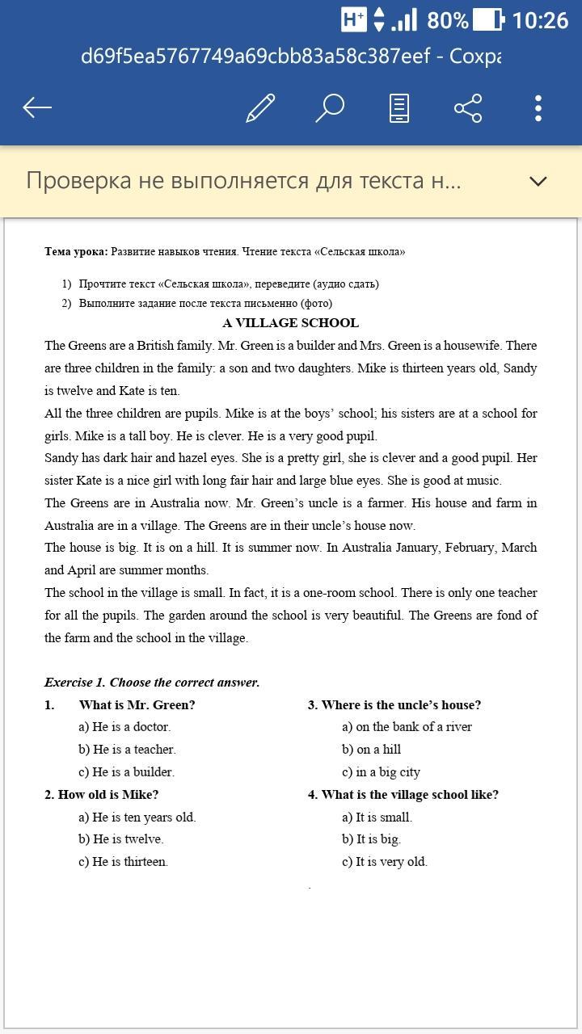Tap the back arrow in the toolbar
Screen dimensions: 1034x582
coord(37,107)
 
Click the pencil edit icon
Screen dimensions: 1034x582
coord(260,107)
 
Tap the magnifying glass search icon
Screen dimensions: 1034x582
coord(330,107)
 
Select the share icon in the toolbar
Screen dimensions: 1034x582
coord(468,107)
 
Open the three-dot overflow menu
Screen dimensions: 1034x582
coord(538,107)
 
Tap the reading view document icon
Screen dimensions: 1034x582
coord(399,107)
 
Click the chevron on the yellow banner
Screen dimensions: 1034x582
coord(538,181)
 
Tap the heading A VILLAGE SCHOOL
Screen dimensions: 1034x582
coord(291,323)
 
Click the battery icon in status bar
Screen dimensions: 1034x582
coord(487,19)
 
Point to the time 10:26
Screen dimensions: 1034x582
coord(540,19)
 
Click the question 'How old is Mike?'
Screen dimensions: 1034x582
coord(108,795)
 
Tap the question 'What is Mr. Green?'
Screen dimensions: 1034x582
coord(137,705)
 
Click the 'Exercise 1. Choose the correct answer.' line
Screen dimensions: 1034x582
coord(152,683)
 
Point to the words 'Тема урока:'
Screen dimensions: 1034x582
coord(76,252)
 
